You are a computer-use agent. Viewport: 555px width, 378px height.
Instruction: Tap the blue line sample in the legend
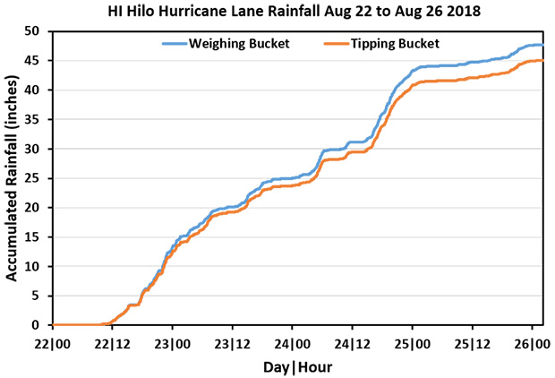click(175, 42)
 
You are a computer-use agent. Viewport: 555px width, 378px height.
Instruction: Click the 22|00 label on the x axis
click(52, 343)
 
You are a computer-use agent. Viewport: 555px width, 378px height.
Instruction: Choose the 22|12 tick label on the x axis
click(112, 343)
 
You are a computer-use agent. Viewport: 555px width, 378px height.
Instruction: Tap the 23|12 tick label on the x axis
click(232, 343)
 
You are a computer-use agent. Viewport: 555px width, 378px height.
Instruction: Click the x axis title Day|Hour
click(297, 367)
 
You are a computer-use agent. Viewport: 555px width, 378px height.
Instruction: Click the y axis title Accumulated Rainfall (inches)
click(13, 177)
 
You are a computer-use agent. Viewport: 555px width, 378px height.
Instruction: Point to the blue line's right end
click(543, 45)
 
